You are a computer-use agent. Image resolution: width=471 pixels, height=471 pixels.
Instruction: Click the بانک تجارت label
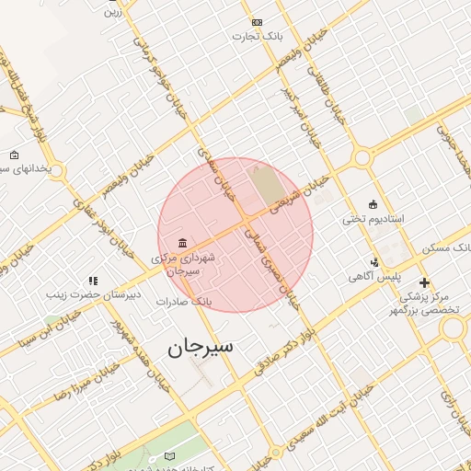coord(256,37)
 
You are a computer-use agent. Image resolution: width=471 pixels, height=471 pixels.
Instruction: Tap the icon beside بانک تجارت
coord(256,22)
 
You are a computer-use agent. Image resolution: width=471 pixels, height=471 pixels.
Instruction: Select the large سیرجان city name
coord(201,347)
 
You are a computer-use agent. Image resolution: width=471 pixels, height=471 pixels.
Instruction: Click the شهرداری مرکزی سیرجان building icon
coord(182,243)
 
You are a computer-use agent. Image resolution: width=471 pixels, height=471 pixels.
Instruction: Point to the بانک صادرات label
coord(184,301)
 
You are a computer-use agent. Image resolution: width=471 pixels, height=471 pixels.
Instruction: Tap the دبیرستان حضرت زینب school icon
coord(92,281)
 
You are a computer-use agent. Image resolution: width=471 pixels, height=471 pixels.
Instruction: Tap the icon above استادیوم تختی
coord(372,204)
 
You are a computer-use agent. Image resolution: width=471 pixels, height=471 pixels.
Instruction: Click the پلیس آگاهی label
coord(373,276)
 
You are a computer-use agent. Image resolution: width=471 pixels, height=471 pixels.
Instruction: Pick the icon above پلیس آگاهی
coord(374,262)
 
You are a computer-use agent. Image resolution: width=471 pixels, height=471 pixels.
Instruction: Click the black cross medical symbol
coord(423,282)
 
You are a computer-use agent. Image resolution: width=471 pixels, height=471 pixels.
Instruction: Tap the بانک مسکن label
coord(447,249)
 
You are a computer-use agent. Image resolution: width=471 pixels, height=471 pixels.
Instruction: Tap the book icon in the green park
coord(168,457)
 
